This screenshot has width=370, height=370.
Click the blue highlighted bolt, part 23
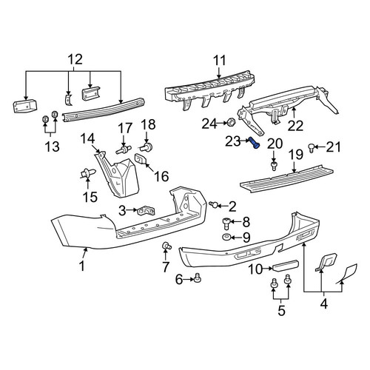coord(254,143)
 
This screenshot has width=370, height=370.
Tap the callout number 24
coord(209,124)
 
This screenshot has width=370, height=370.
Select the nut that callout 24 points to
coord(231,122)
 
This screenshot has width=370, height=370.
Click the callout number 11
coord(219,61)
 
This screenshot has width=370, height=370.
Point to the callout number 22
coord(295,127)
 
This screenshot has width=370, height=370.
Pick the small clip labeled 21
coord(312,148)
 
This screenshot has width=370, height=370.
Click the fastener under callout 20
coord(274,166)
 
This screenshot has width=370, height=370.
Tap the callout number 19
coord(296,155)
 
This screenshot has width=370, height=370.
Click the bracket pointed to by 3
coord(147,211)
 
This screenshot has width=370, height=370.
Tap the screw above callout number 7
coord(167,246)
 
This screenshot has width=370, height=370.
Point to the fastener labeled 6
coord(198,279)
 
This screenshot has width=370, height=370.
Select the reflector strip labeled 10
coord(286,265)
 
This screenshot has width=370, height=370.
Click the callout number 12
coord(75,60)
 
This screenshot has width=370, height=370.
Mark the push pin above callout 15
coord(88,173)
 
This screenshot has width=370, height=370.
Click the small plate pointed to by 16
coord(141,159)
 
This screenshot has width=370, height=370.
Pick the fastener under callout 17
coord(124,149)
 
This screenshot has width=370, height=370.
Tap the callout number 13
coord(52,147)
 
